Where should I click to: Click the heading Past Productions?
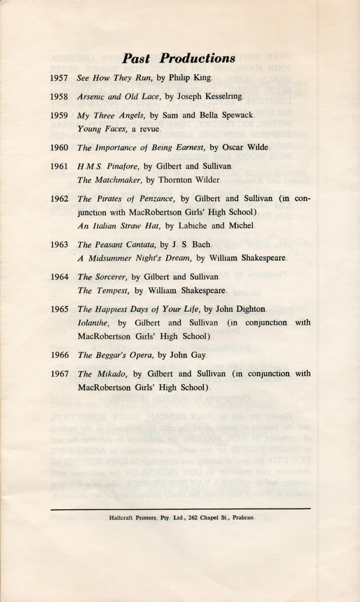pos(178,58)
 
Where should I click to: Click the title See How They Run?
pos(111,78)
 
